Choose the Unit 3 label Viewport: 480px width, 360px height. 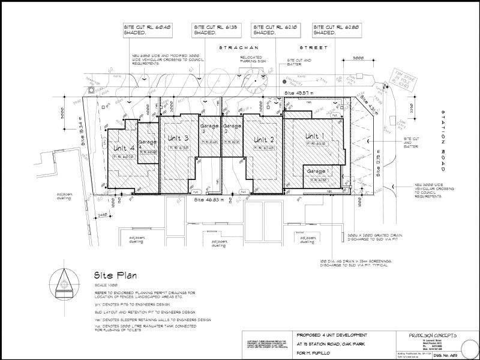pyautogui.click(x=178, y=140)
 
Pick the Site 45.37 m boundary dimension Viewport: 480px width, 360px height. pyautogui.click(x=298, y=93)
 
